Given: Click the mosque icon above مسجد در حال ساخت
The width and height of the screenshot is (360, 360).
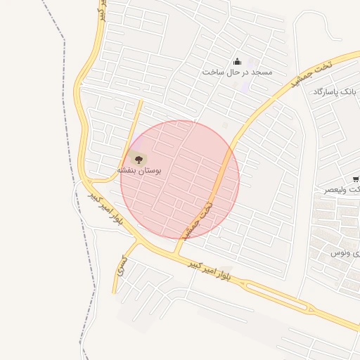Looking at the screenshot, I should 237,61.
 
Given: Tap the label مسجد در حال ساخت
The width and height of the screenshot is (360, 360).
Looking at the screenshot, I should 237,72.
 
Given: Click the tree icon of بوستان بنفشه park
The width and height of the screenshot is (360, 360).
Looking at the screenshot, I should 137,160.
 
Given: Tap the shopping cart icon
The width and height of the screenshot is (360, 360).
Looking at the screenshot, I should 356,179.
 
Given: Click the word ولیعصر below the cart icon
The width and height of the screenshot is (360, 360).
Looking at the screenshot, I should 344,190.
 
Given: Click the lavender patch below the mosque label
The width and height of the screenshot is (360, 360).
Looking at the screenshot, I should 245,87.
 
